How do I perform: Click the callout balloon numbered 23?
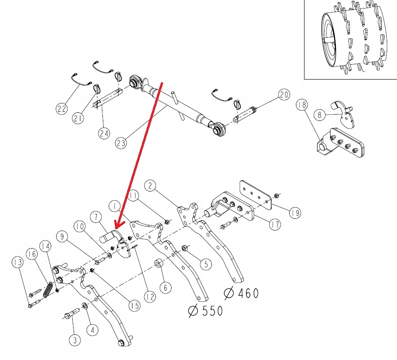pyautogui.click(x=121, y=143)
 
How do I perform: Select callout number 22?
pyautogui.click(x=62, y=108)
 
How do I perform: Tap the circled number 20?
pyautogui.click(x=283, y=95)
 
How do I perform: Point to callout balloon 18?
pyautogui.click(x=301, y=105)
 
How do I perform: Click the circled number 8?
pyautogui.click(x=319, y=115)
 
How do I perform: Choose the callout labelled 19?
pyautogui.click(x=295, y=213)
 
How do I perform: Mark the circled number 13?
pyautogui.click(x=18, y=262)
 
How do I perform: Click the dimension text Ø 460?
pyautogui.click(x=241, y=293)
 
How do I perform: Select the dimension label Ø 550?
pyautogui.click(x=206, y=310)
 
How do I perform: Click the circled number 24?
pyautogui.click(x=104, y=133)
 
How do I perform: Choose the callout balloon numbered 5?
pyautogui.click(x=205, y=263)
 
